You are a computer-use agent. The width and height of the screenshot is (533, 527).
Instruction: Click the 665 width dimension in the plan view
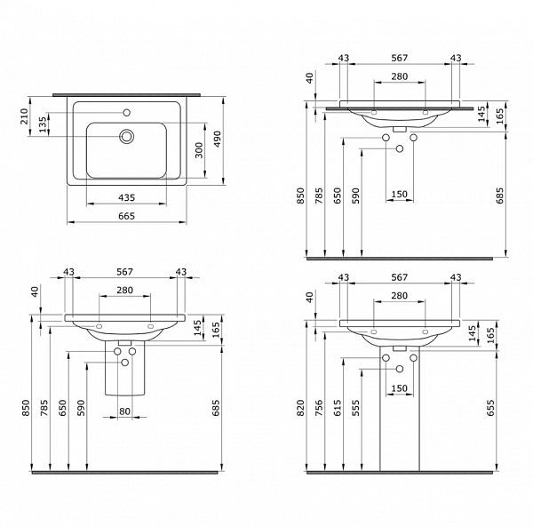pos(127,216)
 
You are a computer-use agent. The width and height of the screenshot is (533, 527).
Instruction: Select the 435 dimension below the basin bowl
pos(127,197)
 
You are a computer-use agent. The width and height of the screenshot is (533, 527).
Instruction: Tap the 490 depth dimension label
pos(216,138)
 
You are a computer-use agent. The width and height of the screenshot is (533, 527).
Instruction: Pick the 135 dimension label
pos(43,124)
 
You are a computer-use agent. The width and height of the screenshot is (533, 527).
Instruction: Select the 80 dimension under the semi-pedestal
pos(126,411)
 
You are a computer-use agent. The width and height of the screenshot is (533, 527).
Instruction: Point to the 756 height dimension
pos(325,406)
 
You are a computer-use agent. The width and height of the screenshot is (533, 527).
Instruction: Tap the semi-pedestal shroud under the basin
pos(125,373)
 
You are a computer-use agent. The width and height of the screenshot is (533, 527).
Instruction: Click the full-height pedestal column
pos(400,418)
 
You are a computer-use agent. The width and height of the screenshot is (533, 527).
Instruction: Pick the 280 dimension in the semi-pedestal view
pos(125,291)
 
